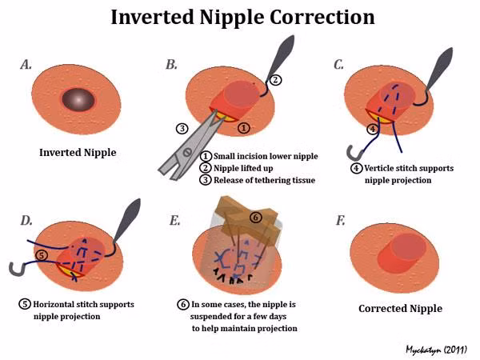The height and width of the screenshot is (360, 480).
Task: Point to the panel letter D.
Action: click(25, 218)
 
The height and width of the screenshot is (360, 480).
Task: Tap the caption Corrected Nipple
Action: click(400, 308)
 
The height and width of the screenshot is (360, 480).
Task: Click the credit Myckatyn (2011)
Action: click(437, 349)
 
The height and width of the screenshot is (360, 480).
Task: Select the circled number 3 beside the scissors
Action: click(182, 128)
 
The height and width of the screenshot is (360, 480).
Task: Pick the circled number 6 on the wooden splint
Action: click(255, 217)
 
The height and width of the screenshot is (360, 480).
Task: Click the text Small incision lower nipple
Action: click(258, 156)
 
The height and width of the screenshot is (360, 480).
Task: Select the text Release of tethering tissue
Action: click(263, 179)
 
